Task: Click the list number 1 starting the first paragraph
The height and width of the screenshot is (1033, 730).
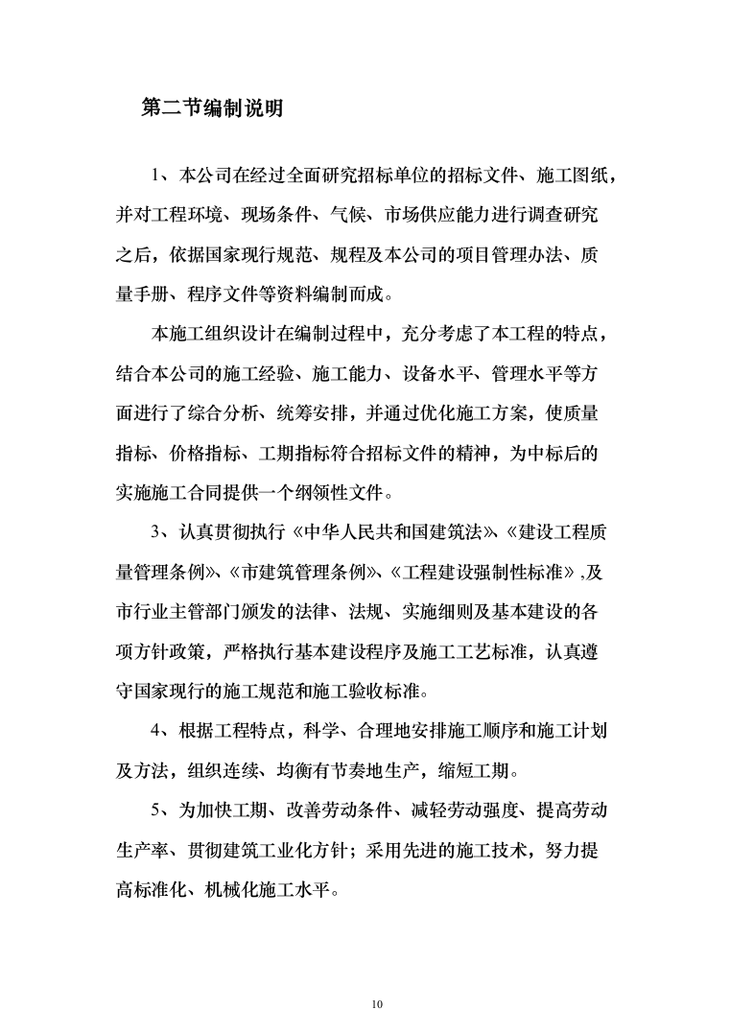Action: [x=157, y=175]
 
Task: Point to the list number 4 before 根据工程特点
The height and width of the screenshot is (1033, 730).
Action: [x=157, y=731]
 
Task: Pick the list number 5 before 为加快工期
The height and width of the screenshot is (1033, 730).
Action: [x=157, y=811]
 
